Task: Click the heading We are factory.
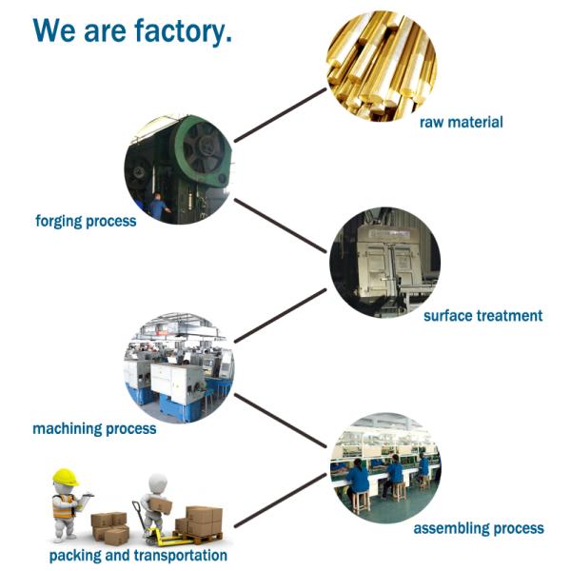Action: (132, 30)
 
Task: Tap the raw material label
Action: (462, 122)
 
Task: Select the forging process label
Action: (86, 221)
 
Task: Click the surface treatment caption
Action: (482, 315)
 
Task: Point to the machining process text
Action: (94, 428)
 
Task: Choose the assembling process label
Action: (479, 527)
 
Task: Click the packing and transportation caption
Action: (138, 555)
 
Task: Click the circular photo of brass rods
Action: (382, 65)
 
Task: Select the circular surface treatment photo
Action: (385, 263)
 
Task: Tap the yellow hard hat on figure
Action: (65, 477)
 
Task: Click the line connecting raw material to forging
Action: (280, 115)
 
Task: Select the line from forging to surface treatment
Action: (281, 226)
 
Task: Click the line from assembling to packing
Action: (282, 501)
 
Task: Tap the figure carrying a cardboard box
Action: (156, 500)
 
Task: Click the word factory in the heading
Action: (178, 30)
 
